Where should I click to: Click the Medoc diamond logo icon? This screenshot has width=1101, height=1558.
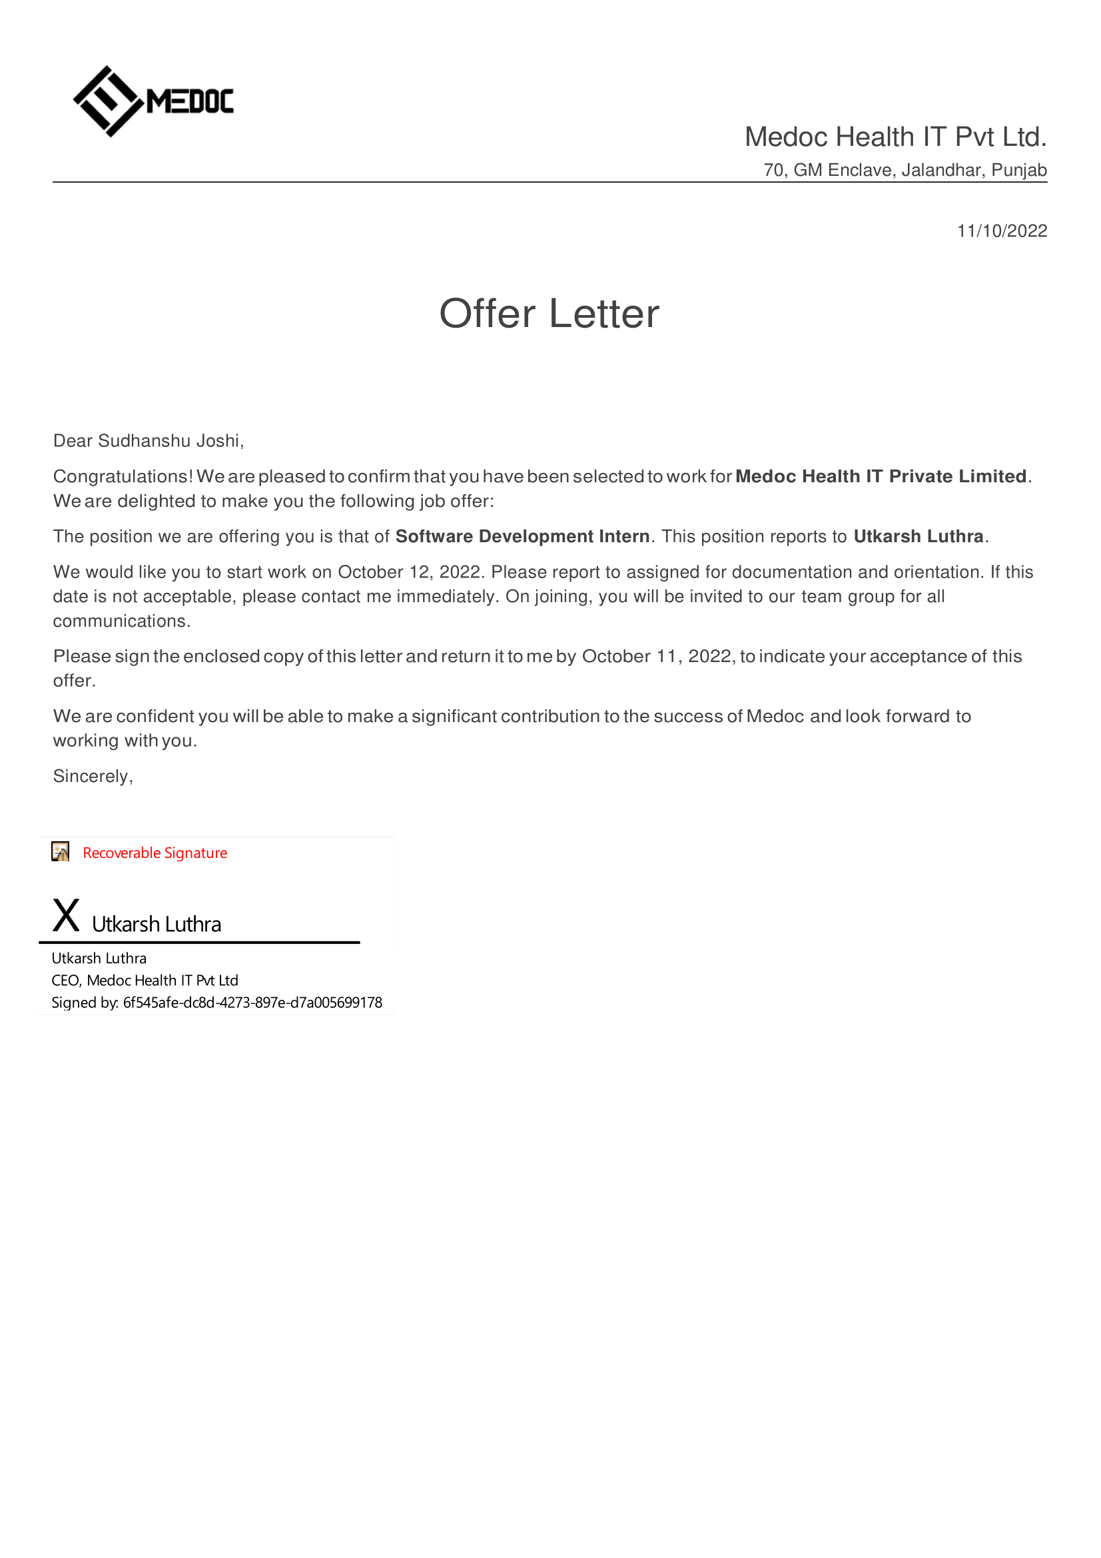point(107,101)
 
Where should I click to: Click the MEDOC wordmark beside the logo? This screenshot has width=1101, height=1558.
point(190,102)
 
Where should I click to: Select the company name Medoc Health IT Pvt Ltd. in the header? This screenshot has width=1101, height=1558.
point(895,137)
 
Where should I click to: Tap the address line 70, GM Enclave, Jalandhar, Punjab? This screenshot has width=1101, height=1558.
point(905,170)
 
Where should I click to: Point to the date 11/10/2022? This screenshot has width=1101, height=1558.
point(1001,231)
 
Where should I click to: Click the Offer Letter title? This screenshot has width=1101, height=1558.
point(549,314)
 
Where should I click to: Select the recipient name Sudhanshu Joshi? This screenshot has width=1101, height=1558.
point(169,441)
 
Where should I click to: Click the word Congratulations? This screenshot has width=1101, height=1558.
point(123,476)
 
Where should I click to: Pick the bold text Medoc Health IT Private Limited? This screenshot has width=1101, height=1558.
point(880,476)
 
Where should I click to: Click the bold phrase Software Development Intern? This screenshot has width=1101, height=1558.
point(522,536)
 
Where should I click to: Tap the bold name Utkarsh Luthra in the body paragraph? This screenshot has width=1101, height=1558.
point(918,536)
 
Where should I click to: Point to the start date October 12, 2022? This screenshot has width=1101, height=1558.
point(410,572)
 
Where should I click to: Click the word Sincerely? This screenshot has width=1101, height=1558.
point(91,776)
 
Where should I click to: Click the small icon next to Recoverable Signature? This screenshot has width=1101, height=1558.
point(61,852)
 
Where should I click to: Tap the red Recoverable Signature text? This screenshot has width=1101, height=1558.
point(155,853)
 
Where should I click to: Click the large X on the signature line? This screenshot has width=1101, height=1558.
point(66,915)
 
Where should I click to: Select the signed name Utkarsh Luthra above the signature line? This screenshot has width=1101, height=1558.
point(156,925)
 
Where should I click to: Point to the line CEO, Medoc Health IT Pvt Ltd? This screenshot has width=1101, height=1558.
point(145,980)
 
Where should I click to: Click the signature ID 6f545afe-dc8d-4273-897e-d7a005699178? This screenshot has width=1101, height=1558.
point(252,1003)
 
